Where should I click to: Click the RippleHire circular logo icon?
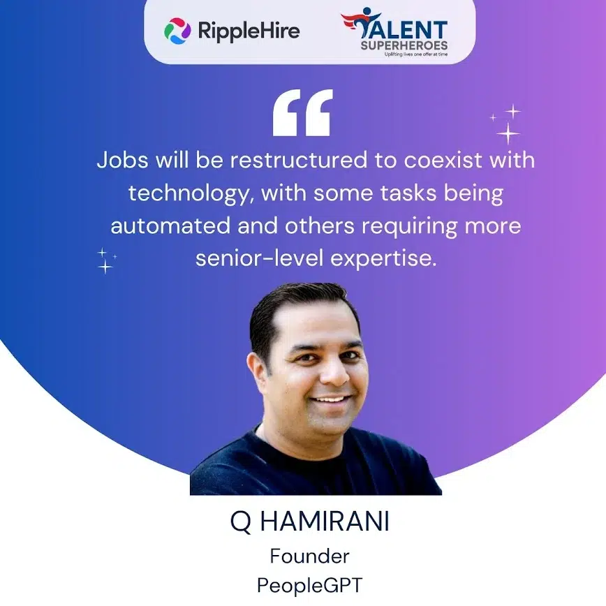tap(177, 31)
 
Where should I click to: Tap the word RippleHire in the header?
tap(249, 31)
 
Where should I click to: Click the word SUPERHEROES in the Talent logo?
tap(404, 45)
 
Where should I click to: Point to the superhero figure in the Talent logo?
tap(360, 22)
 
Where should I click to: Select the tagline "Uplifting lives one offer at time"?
tap(416, 54)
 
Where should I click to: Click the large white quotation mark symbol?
tap(302, 112)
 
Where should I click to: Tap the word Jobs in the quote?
tap(122, 160)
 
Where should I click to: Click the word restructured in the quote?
tap(299, 160)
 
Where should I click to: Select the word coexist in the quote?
tap(443, 160)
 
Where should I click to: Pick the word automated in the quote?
tap(170, 226)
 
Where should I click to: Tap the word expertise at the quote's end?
tap(383, 259)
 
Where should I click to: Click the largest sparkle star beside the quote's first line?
tap(508, 134)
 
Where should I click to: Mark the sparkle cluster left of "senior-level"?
tap(106, 261)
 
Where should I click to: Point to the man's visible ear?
tap(258, 374)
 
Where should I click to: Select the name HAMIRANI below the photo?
tap(325, 522)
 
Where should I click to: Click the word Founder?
tap(309, 556)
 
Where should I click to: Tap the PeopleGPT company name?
tap(309, 585)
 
